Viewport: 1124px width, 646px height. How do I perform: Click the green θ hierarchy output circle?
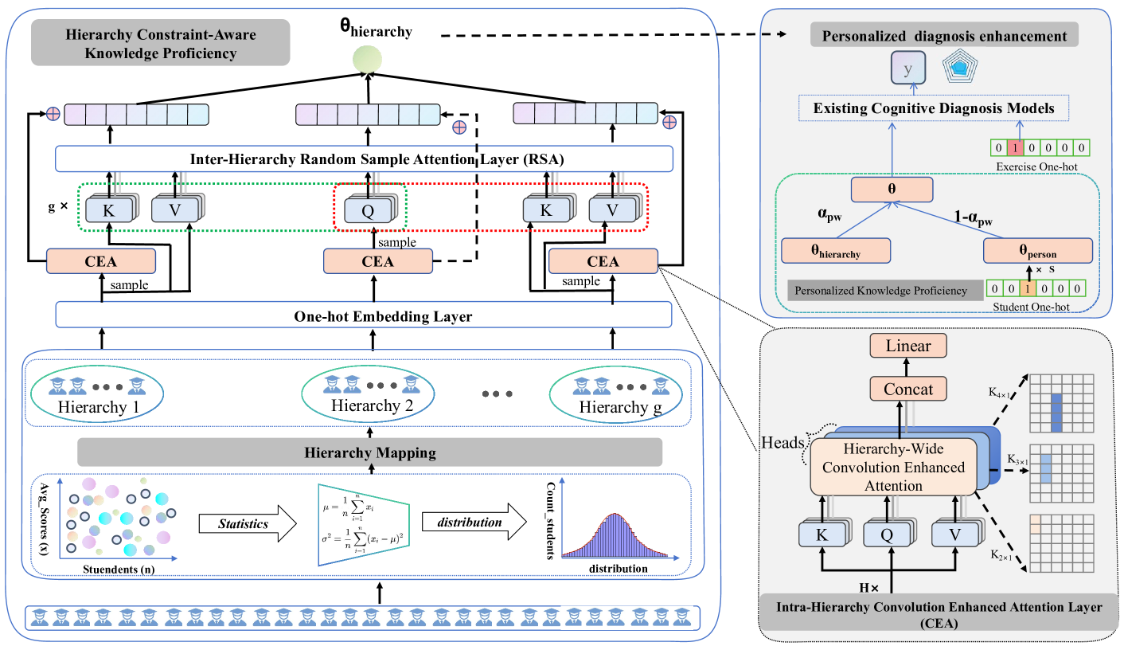coord(369,60)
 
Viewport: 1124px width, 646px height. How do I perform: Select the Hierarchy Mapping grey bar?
coord(370,453)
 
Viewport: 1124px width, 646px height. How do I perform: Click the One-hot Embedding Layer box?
coord(364,316)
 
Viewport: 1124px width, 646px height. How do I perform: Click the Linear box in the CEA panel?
coord(909,346)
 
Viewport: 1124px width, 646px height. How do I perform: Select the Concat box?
coord(909,389)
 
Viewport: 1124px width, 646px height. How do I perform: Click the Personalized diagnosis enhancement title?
coord(944,36)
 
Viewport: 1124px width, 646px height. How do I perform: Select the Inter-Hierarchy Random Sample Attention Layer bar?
coord(364,159)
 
